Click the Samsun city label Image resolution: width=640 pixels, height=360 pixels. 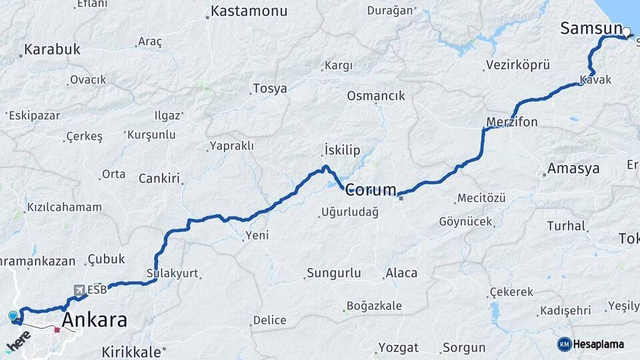pos(591,28)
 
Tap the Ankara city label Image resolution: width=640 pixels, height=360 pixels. pos(94,320)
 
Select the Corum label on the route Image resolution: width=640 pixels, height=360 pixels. pos(371,189)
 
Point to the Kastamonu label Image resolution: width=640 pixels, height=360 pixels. pos(249,11)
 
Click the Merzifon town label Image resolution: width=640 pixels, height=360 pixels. pos(512,122)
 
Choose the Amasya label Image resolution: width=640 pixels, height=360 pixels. pos(573,169)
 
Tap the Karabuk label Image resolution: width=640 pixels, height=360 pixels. pos(52,49)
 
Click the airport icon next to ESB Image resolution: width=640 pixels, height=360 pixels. pos(79,290)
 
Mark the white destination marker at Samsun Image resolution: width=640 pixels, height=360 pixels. pos(627,31)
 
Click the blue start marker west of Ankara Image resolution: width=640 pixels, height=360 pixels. pos(13,316)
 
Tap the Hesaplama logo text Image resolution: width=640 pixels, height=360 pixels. pos(598,344)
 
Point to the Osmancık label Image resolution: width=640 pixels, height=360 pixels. pos(376,96)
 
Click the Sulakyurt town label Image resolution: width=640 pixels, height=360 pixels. pos(172,273)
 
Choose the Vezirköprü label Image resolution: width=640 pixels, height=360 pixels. pos(518,65)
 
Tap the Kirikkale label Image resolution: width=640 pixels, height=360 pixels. pos(131,351)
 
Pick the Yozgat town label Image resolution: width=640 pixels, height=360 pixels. pos(399,347)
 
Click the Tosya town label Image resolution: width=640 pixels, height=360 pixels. pos(270,89)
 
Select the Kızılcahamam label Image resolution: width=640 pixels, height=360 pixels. pos(64,207)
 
